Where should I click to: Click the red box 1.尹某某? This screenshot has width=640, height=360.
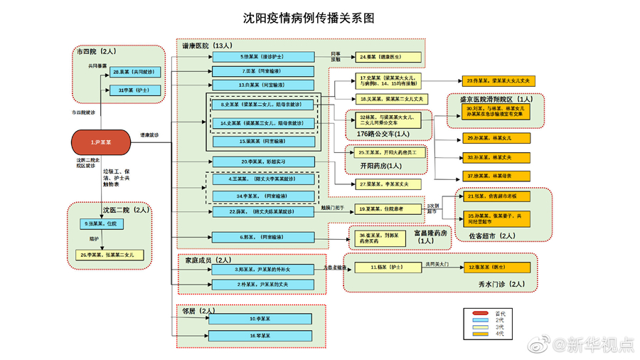coord(100,143)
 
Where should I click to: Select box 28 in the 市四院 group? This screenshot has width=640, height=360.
coord(135,73)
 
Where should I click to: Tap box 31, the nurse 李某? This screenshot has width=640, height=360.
coord(135,90)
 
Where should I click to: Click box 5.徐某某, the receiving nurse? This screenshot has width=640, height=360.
coord(261,56)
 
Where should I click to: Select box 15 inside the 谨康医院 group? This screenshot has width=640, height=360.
coord(261,141)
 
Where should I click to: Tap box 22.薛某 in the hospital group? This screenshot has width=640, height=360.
coord(261,211)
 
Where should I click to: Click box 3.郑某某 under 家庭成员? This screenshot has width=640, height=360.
coord(261,270)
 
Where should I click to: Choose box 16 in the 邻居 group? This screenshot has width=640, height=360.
coord(261,335)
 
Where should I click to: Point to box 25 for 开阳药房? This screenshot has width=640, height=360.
coord(391,152)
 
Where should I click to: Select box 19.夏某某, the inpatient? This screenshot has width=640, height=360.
coord(390,208)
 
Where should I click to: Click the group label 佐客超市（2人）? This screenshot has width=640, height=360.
coord(497,235)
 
